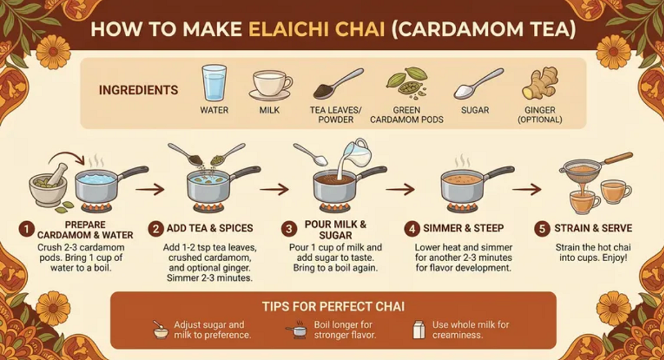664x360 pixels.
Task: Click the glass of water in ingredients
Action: click(214, 82)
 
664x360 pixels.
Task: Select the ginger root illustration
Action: click(540, 83)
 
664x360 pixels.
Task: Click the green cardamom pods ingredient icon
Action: click(406, 82)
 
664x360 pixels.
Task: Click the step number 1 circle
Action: click(27, 230)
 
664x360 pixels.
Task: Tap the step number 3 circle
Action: click(289, 229)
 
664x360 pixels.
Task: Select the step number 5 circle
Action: click(542, 228)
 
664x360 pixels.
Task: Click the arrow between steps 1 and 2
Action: click(150, 189)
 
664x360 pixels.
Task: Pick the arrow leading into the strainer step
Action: click(527, 189)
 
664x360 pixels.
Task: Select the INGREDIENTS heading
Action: click(139, 90)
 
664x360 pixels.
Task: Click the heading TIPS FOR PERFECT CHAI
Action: click(333, 306)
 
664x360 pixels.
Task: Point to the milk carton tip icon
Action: click(419, 329)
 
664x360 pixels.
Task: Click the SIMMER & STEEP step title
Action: click(463, 228)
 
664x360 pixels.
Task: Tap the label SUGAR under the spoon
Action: click(475, 110)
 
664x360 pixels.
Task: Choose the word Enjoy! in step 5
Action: click(613, 258)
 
